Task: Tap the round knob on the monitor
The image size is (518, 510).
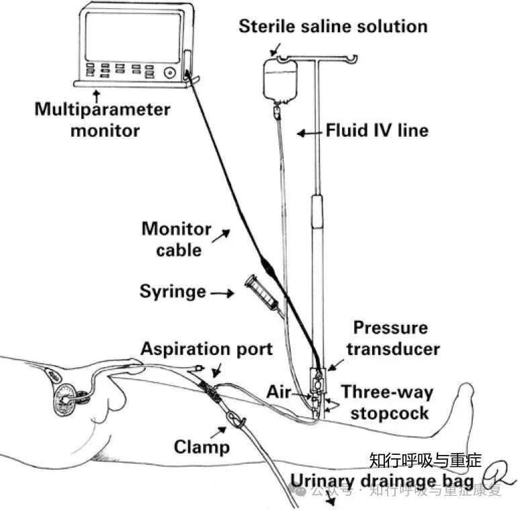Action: [x=171, y=71]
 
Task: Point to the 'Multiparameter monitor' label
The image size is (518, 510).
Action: [x=103, y=119]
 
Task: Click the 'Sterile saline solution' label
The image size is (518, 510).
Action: [x=333, y=27]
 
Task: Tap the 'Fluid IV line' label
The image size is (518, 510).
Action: [x=376, y=130]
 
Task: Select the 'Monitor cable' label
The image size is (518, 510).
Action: [x=175, y=240]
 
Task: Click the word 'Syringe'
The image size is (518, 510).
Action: [x=173, y=292]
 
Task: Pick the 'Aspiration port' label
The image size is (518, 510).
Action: [x=206, y=349]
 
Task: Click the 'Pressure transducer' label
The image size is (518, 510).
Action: [x=396, y=338]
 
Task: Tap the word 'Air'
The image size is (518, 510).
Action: [x=277, y=391]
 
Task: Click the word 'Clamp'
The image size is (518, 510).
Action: [x=202, y=446]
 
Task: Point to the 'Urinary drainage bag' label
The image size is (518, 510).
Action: [x=382, y=480]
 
